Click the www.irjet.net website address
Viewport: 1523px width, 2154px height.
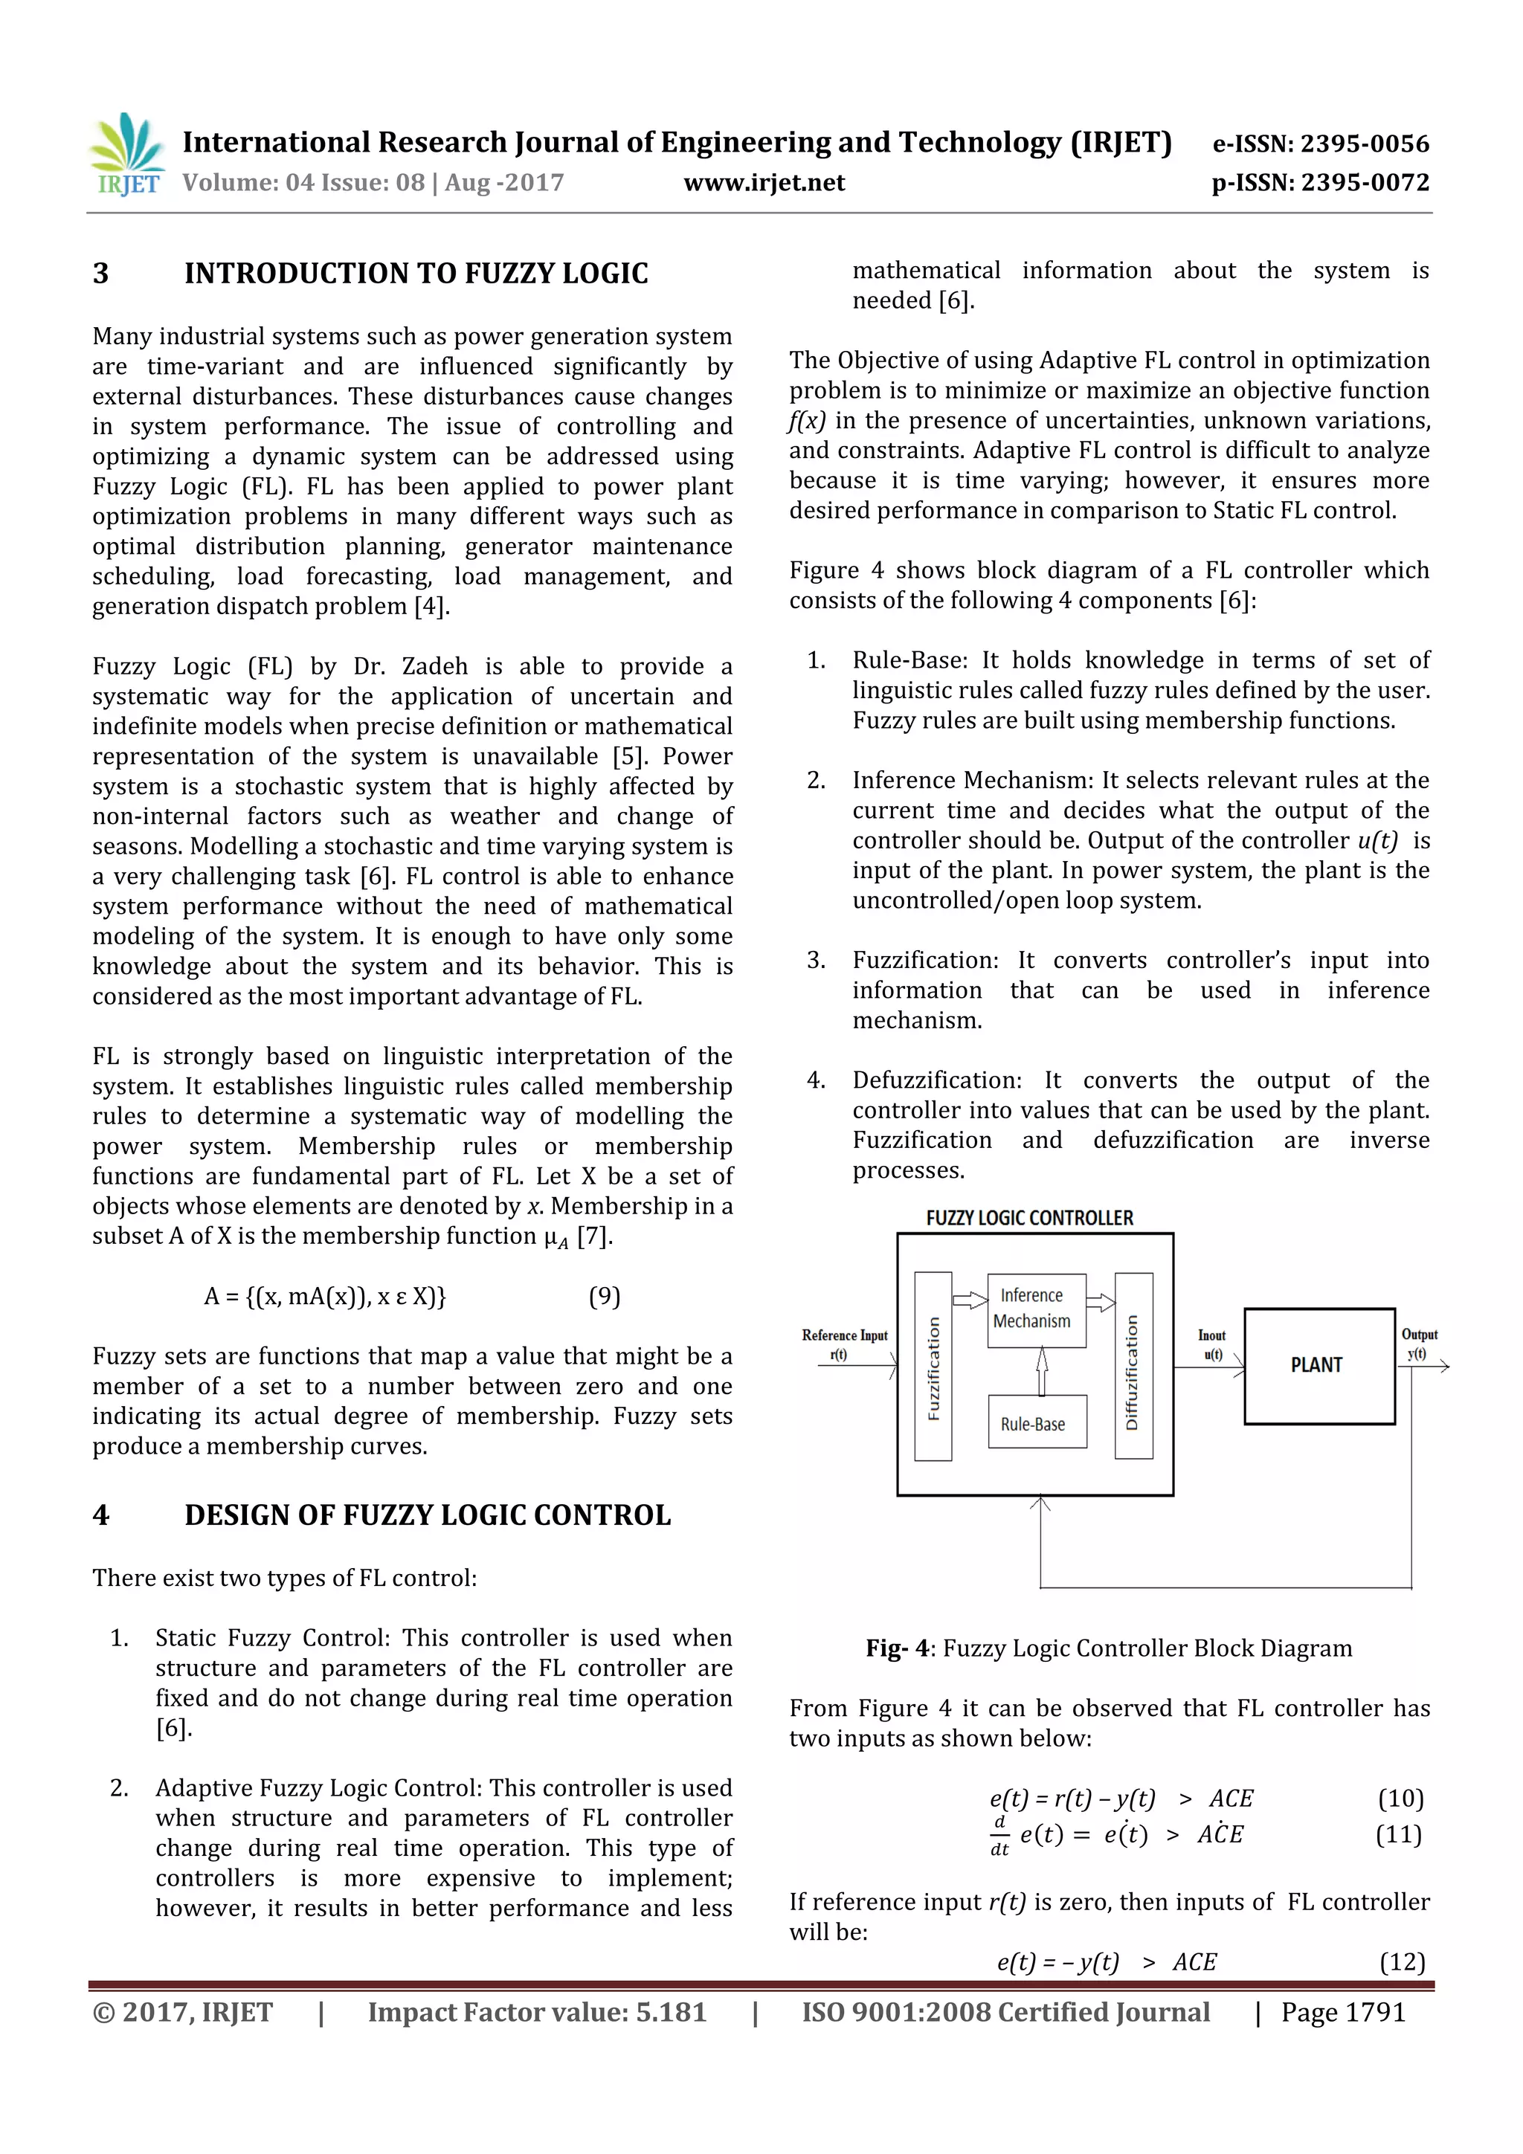pos(764,183)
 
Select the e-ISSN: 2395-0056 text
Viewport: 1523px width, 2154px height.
pos(1320,144)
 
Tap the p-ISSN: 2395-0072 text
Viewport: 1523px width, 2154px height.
pos(1320,183)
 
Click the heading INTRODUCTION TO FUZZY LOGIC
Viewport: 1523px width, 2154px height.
pos(416,274)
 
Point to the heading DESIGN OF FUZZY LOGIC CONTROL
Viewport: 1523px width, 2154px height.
pos(427,1515)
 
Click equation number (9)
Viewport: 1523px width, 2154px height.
pos(605,1297)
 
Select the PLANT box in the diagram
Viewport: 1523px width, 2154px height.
pos(1318,1366)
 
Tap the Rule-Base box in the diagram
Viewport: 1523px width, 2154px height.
pos(1036,1422)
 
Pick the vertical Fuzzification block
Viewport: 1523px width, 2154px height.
pos(933,1366)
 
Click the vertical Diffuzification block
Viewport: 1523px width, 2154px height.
pos(1133,1366)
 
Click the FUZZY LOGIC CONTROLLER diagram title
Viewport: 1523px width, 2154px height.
pos(1029,1218)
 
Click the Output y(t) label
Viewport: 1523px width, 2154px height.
pos(1419,1344)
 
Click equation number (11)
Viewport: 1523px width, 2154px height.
pos(1398,1834)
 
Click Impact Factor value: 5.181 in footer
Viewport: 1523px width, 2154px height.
pos(536,2011)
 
